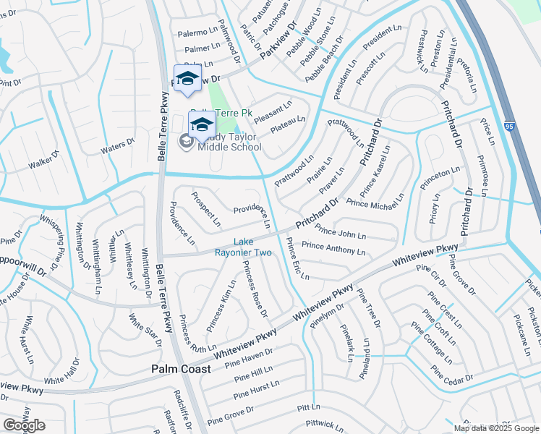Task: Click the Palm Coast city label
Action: (x=181, y=369)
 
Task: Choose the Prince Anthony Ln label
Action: (x=333, y=248)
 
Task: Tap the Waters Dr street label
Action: (x=118, y=147)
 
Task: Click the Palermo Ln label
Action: (x=199, y=33)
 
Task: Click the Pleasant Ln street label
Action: (x=271, y=108)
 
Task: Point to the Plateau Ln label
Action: (x=288, y=124)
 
